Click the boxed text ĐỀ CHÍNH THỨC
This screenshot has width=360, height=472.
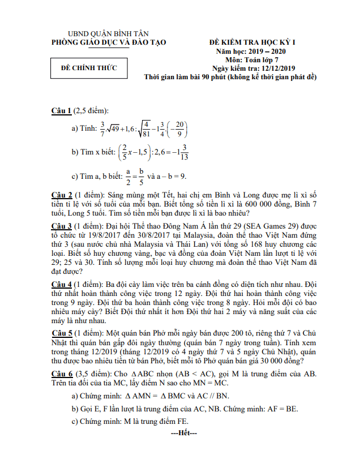[x=89, y=68]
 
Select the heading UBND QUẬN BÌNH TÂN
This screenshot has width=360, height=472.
[x=108, y=34]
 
